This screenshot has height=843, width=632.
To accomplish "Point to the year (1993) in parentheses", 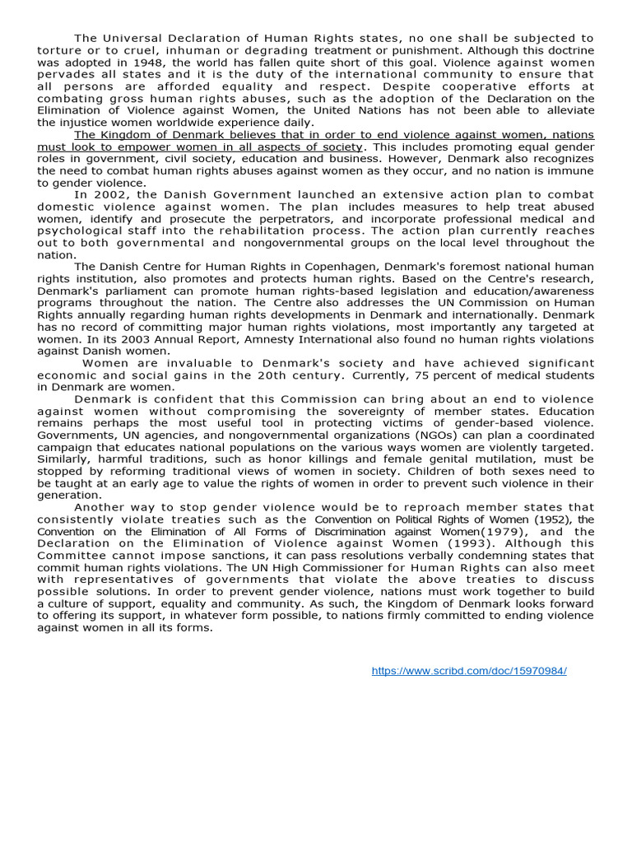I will (x=458, y=543).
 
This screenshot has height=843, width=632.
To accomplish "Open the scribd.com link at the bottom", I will (x=469, y=671).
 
